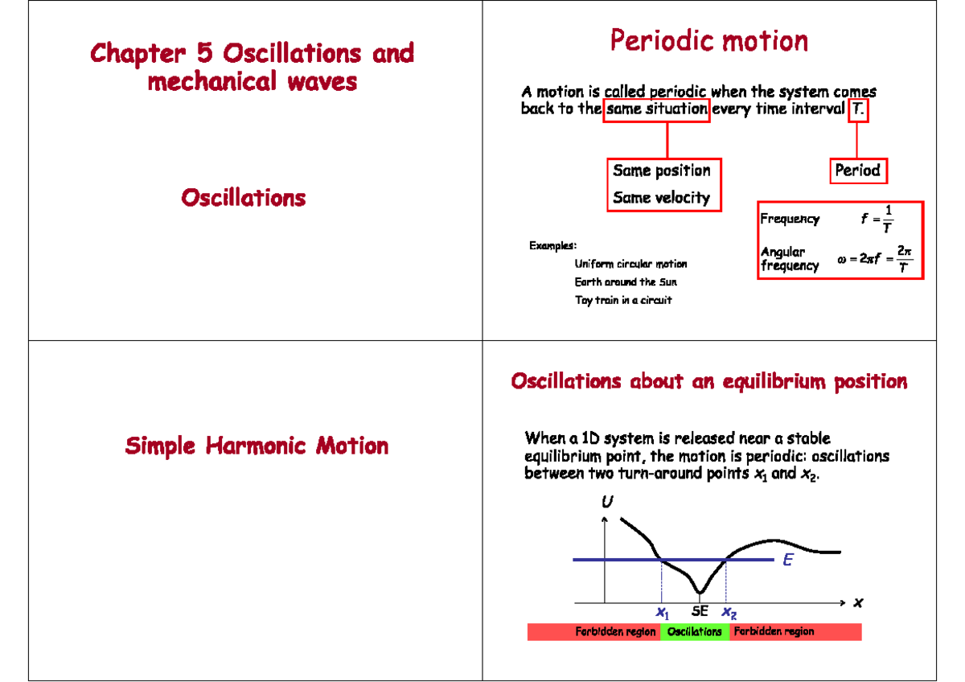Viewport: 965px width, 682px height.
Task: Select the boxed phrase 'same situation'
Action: pyautogui.click(x=656, y=109)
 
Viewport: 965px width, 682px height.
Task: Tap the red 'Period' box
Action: pyautogui.click(x=857, y=170)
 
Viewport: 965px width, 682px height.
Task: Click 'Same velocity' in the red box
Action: pyautogui.click(x=661, y=198)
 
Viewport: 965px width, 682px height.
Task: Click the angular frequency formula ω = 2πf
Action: pyautogui.click(x=875, y=260)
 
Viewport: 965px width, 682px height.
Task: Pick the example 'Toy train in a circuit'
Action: pyautogui.click(x=622, y=300)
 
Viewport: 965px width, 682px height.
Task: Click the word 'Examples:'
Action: pyautogui.click(x=552, y=245)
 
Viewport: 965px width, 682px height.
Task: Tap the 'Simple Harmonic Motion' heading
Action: pyautogui.click(x=257, y=446)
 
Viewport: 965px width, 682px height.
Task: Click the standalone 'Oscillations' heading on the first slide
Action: pyautogui.click(x=243, y=198)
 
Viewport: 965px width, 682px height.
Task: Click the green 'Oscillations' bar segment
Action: pyautogui.click(x=695, y=632)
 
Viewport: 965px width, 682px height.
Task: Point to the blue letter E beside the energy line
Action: pyautogui.click(x=788, y=561)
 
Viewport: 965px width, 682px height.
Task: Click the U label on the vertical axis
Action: pyautogui.click(x=607, y=502)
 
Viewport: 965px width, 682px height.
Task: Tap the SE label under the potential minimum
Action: pyautogui.click(x=700, y=612)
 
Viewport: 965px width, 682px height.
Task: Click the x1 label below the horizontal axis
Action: pyautogui.click(x=663, y=613)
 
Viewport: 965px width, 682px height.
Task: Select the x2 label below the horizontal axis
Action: pyautogui.click(x=729, y=613)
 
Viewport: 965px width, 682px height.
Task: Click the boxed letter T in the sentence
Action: pyautogui.click(x=859, y=109)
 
